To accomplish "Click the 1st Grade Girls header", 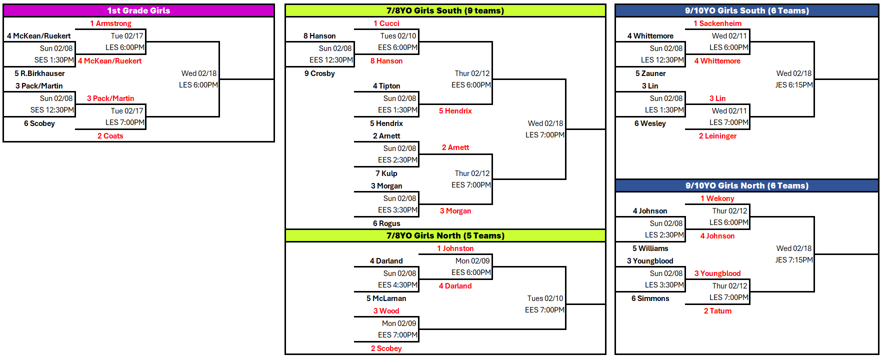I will point(138,10).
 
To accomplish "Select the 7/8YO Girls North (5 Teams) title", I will point(445,235).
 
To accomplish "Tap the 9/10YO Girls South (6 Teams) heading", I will point(746,10).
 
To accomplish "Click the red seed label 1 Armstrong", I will point(110,23).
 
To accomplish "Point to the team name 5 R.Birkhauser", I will point(39,73).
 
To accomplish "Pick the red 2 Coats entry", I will point(110,136).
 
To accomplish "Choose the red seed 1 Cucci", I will point(386,23).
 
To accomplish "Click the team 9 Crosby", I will point(319,73).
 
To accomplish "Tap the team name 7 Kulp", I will point(386,173).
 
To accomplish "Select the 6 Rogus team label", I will point(386,223).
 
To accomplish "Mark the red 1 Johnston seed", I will point(455,248).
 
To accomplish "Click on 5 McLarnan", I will point(386,298).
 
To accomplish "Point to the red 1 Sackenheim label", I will point(717,23).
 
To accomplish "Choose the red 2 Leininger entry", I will point(717,136).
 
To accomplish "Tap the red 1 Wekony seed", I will point(717,198).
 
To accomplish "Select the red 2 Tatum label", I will point(717,311).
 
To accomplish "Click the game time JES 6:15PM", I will point(793,85).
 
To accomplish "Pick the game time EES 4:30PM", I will point(397,285).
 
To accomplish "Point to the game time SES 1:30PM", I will point(54,60).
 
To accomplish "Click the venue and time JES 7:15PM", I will point(793,260).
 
